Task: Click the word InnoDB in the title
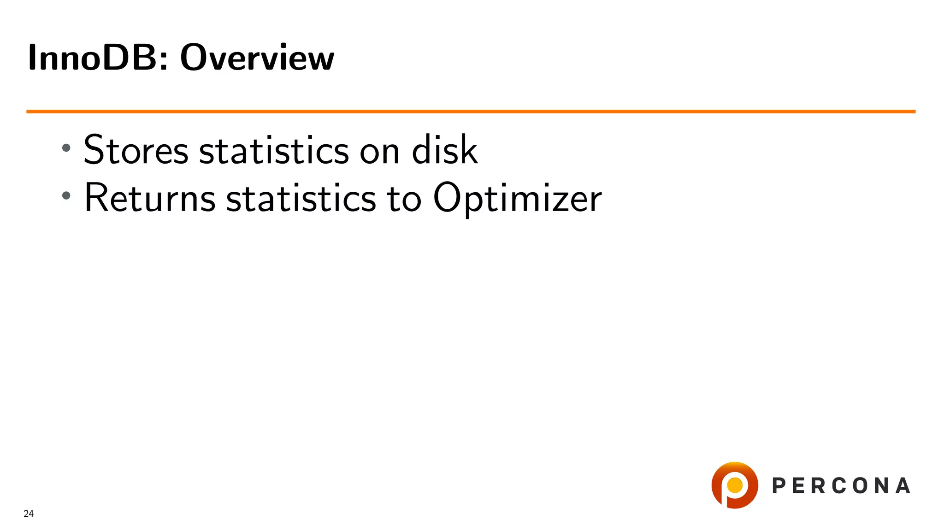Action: [x=92, y=58]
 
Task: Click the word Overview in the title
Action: [x=257, y=58]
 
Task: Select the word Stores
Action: [x=136, y=150]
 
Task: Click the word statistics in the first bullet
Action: [x=274, y=150]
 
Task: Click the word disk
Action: [x=444, y=150]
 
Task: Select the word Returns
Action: [x=150, y=198]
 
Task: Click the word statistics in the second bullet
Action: [x=301, y=198]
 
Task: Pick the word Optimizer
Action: [x=517, y=198]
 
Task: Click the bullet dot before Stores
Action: [x=66, y=148]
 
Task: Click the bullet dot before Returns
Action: [x=66, y=195]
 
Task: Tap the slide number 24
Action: [x=29, y=513]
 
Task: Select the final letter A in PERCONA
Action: [x=903, y=486]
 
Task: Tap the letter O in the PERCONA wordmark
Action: [x=860, y=486]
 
